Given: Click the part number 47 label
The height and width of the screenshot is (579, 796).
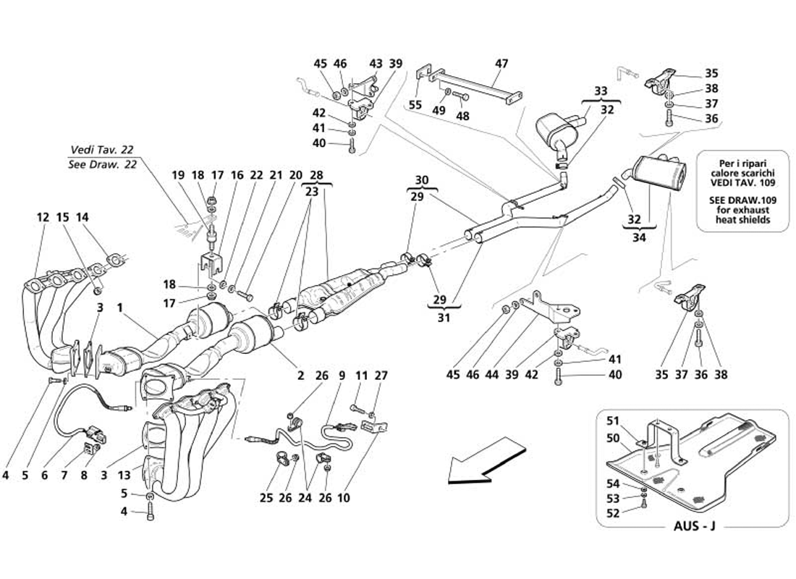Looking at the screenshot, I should click(x=501, y=64).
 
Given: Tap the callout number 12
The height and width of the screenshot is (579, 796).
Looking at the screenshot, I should click(x=43, y=216).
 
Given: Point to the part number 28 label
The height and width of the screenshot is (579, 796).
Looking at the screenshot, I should click(x=316, y=176).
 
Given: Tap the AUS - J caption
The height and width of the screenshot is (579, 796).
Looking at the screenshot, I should click(x=693, y=525).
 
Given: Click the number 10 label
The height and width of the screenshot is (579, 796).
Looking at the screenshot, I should click(x=344, y=498).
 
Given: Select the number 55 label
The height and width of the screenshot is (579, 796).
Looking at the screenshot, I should click(x=415, y=105).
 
